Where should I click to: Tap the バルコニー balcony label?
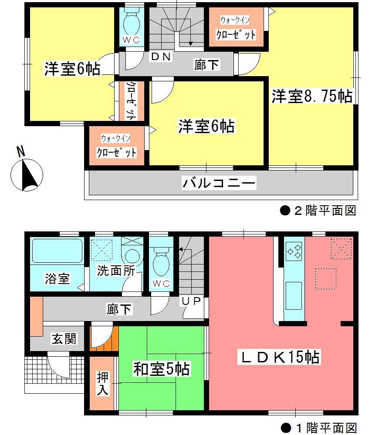(x=219, y=183)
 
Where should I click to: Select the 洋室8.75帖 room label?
(x=311, y=96)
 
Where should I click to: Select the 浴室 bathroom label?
(x=57, y=278)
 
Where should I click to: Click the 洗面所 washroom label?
(x=115, y=270)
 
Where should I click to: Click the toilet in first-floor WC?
(x=161, y=261)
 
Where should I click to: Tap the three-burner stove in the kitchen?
(x=293, y=251)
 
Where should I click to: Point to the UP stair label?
(x=191, y=301)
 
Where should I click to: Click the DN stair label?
(x=161, y=57)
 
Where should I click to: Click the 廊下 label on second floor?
(x=207, y=65)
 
